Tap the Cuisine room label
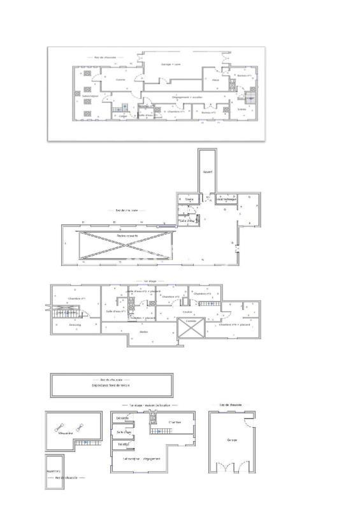point(120,80)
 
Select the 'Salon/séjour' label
point(90,96)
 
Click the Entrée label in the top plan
point(241,109)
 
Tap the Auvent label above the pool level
point(207,173)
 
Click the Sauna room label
point(189,199)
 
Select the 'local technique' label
point(226,199)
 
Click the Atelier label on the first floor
point(144,331)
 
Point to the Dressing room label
point(75,324)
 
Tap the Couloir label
point(187,312)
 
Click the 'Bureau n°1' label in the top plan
point(242,75)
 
